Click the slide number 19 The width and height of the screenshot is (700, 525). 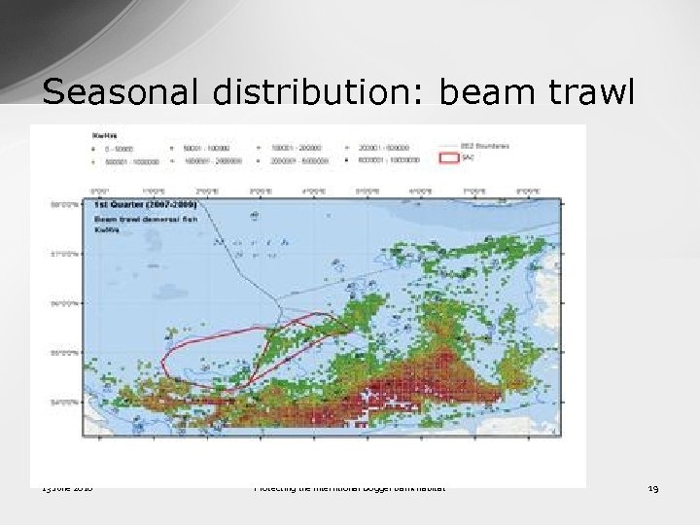(x=652, y=488)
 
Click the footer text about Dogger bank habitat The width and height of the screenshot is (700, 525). (x=350, y=488)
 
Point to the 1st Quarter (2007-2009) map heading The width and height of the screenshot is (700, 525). (x=145, y=206)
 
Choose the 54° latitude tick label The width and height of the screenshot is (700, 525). (x=63, y=400)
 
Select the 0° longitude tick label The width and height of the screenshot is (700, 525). (x=97, y=192)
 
